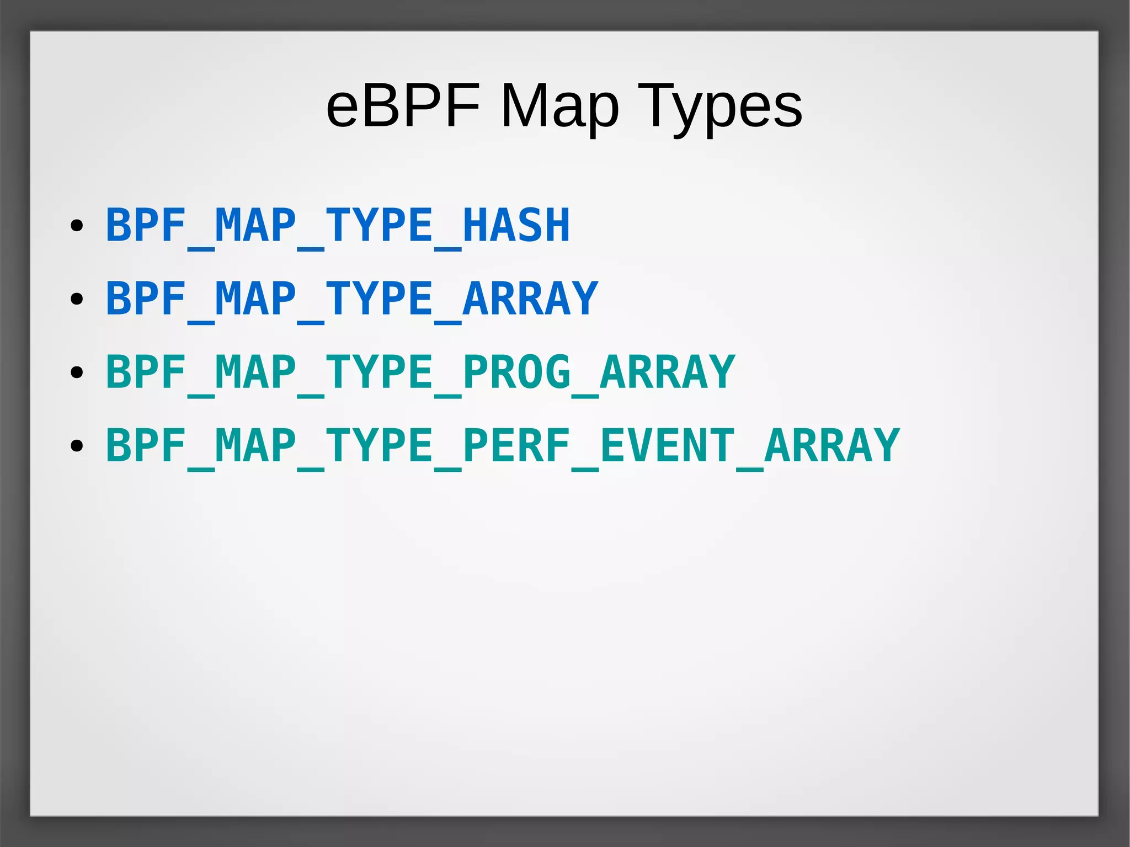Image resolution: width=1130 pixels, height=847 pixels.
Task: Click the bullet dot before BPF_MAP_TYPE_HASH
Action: [77, 226]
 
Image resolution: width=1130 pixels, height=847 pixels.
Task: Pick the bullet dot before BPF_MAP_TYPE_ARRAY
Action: [77, 299]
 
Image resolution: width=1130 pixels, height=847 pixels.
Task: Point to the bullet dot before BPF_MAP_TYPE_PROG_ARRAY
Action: [77, 372]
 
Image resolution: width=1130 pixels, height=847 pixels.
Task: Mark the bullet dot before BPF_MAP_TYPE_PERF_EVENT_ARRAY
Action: [77, 446]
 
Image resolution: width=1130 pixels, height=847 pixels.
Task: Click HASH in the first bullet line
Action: [516, 225]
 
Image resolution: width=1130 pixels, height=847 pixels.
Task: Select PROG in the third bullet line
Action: [516, 372]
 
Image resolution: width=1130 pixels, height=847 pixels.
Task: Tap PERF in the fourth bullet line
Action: [516, 445]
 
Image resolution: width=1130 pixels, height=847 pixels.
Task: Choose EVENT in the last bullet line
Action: [667, 445]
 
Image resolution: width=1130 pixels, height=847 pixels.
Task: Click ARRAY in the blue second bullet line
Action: [530, 299]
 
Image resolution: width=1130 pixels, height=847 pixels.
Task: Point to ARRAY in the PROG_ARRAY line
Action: [667, 372]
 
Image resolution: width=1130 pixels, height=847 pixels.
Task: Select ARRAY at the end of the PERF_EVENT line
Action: [832, 445]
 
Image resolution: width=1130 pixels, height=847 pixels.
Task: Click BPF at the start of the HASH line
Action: [146, 225]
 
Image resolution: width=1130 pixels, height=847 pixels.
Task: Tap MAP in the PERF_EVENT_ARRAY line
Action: [255, 445]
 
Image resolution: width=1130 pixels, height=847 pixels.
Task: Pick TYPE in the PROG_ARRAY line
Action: [379, 372]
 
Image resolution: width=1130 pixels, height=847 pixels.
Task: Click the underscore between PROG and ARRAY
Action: [585, 395]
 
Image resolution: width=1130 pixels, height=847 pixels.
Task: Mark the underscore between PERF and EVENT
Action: [585, 468]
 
